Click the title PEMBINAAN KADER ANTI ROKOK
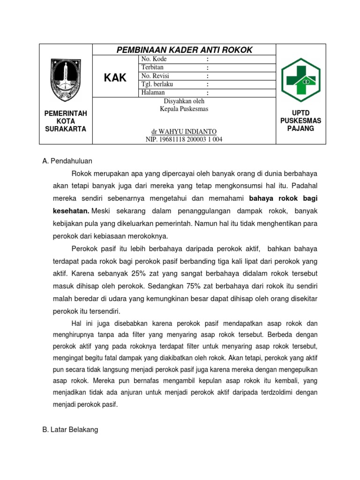184,50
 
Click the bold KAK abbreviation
115,77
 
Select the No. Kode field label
154,60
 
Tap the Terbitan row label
152,67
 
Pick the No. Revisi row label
155,76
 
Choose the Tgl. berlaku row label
157,84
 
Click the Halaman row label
153,92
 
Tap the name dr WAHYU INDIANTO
184,132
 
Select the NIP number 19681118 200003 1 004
184,140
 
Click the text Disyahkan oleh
184,101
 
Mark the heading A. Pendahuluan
67,161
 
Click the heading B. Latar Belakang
70,429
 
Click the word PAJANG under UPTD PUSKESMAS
300,128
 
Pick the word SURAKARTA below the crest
65,129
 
